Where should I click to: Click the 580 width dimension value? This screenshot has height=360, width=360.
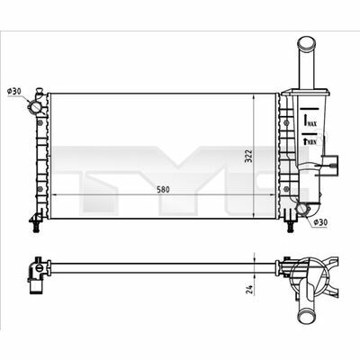(x=163, y=190)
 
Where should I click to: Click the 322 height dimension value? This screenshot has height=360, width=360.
(x=248, y=156)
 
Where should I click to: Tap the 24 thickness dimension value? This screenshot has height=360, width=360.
(x=249, y=289)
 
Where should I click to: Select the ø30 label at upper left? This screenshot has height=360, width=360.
(x=14, y=91)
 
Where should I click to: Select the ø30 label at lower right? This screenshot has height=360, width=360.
(x=319, y=222)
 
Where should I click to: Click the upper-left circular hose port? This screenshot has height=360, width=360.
(x=33, y=106)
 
